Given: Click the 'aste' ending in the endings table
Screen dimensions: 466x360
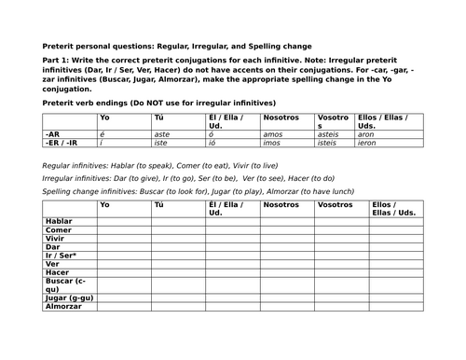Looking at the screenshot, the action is [x=162, y=134].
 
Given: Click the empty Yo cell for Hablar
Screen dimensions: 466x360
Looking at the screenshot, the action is [x=124, y=220].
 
